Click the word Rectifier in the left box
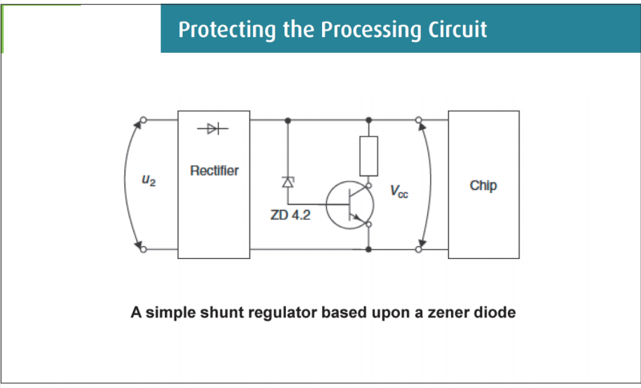pos(214,170)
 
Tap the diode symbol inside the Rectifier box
pos(212,129)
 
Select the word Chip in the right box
pos(483,186)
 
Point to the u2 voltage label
pos(148,180)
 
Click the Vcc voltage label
pos(399,191)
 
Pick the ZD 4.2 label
pos(290,215)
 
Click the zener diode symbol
pos(288,182)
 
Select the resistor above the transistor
pos(369,156)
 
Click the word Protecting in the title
pos(227,30)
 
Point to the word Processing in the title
pos(371,30)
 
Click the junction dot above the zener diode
pos(288,120)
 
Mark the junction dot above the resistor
pos(369,120)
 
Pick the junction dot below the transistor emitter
pos(369,249)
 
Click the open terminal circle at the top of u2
pos(143,119)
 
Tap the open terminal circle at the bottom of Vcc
pos(418,249)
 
